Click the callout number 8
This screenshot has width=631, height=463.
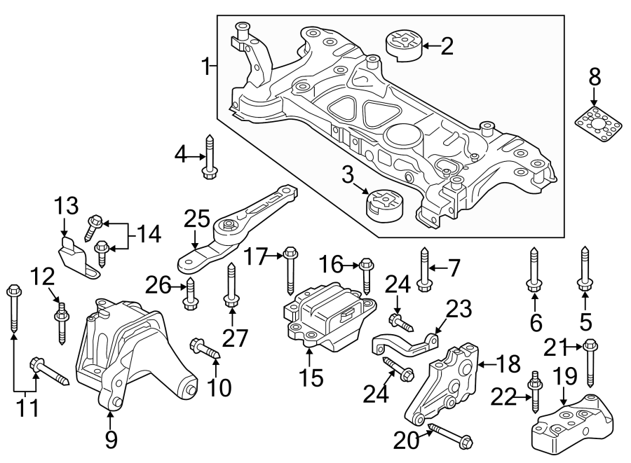(595, 78)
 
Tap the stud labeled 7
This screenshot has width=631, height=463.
(424, 269)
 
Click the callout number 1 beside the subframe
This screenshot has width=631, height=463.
(206, 68)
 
